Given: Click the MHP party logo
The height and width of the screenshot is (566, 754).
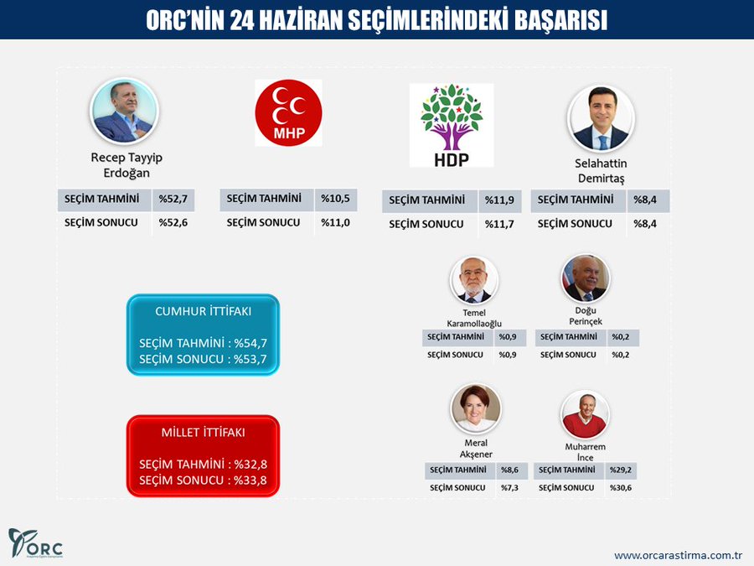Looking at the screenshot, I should pos(288,112).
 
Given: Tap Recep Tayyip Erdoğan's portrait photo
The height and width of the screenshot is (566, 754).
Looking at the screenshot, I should pos(124,112).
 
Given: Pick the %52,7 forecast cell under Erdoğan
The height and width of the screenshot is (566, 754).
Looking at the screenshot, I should pos(173,200).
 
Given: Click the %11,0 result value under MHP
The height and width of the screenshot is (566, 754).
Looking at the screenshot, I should pos(335,223).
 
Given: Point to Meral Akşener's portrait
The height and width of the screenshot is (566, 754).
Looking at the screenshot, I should pos(476,408).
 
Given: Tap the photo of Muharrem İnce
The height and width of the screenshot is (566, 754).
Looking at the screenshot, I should pos(585,413).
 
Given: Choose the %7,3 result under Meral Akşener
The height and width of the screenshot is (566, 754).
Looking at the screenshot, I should pos(509,488).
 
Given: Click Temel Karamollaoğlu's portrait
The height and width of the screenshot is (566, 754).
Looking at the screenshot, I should pos(474,279).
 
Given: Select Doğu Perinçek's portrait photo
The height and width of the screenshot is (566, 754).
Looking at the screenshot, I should pos(584,279).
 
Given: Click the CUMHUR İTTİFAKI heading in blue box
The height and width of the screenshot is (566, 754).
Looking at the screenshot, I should pos(204,311).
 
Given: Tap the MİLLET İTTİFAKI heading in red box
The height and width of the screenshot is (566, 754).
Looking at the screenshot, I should pos(204,433).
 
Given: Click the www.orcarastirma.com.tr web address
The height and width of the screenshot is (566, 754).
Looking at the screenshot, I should pos(679,555).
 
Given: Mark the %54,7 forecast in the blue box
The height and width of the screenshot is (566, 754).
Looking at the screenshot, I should pos(251,343).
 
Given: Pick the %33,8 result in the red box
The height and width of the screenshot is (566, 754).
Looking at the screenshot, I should pos(251,480).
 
